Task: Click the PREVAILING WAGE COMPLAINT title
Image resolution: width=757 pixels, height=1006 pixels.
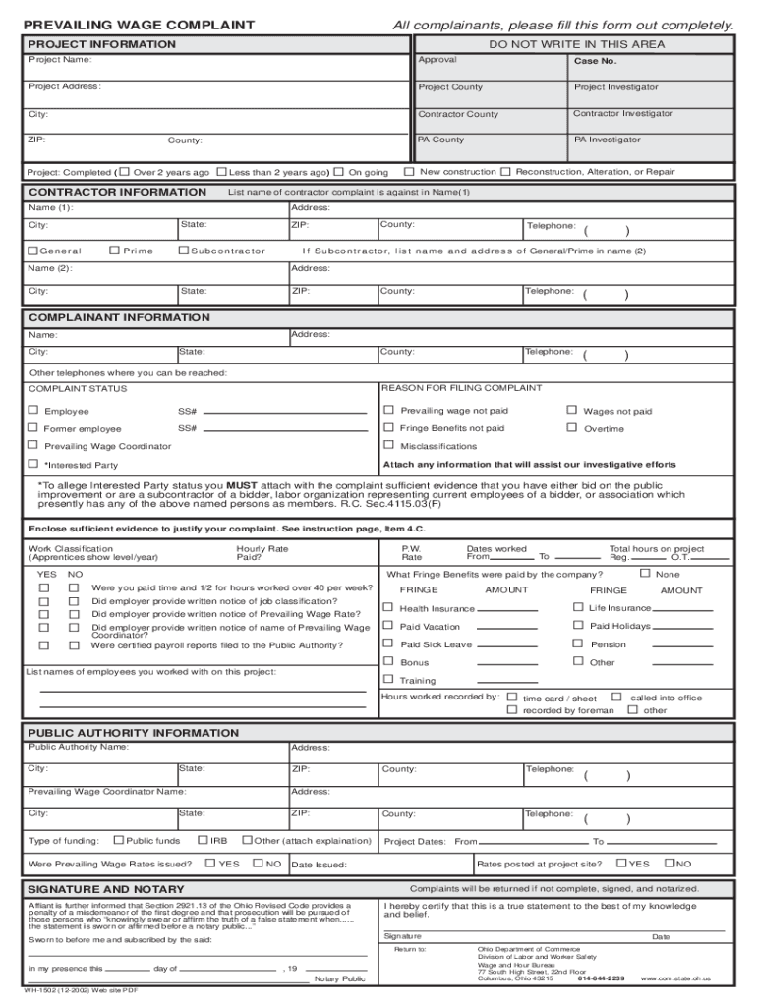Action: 141,25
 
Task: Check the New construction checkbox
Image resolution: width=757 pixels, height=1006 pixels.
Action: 409,172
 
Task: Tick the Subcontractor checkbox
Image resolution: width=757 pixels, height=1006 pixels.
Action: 183,251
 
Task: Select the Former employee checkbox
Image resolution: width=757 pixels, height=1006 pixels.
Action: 33,428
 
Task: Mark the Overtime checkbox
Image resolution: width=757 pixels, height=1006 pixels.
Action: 571,428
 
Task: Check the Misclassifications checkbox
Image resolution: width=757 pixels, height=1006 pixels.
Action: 388,446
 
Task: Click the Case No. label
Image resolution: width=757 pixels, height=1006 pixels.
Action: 595,61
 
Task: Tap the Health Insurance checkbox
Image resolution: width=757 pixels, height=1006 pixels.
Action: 388,608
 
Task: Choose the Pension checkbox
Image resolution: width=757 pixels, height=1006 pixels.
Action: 579,644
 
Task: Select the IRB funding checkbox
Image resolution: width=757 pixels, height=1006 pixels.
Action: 203,840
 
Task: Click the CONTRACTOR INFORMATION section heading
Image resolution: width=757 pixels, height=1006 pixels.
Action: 117,192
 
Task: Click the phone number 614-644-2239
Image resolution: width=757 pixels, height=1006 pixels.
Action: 601,978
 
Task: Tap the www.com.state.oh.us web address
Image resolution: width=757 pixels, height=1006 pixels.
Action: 675,978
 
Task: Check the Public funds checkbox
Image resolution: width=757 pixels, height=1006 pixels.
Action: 119,840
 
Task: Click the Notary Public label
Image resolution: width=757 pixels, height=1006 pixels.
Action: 339,979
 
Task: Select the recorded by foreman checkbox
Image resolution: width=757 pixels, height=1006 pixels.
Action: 512,709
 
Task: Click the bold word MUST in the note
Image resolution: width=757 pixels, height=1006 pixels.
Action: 242,485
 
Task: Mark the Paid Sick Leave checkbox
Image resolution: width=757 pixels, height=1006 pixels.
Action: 388,644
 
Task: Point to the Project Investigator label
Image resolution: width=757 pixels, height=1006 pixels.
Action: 615,87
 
